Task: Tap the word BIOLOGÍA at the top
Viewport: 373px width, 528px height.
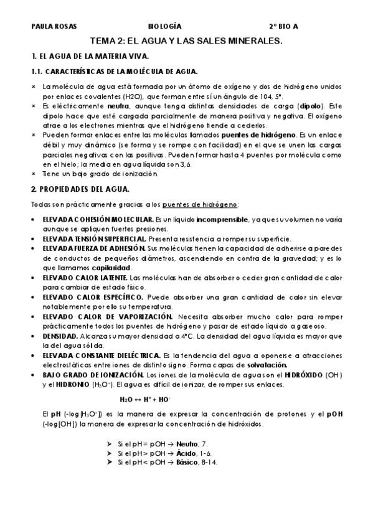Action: (165, 27)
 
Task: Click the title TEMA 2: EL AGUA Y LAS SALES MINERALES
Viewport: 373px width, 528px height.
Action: (187, 40)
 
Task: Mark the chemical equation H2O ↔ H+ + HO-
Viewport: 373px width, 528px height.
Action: (146, 399)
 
